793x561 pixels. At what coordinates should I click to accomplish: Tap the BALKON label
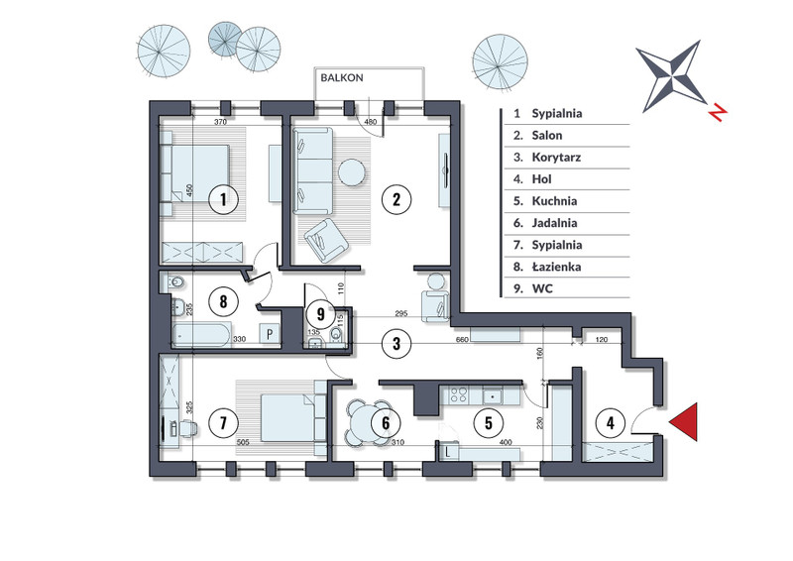(342, 78)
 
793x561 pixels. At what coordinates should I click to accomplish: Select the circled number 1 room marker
(223, 199)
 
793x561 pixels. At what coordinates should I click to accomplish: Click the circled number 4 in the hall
(611, 422)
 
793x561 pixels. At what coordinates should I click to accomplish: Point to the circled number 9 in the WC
(320, 314)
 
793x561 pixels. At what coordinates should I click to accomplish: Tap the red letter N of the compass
(717, 112)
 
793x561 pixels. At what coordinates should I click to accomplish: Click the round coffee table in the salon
(352, 172)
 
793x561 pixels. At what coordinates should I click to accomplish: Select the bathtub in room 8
(202, 335)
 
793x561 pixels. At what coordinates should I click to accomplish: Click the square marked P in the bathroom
(270, 334)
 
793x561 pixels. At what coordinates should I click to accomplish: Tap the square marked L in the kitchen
(448, 451)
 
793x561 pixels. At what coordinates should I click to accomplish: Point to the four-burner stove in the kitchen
(459, 394)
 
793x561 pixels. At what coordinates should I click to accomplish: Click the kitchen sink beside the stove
(492, 394)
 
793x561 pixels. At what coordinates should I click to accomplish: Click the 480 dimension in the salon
(371, 122)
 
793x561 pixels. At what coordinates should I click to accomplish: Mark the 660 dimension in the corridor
(462, 339)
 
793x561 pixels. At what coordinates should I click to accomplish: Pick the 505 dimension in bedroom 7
(243, 442)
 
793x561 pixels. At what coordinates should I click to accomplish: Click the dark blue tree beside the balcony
(225, 39)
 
